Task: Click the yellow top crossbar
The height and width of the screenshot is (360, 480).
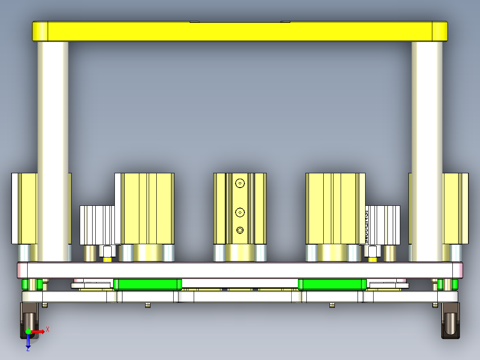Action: coord(240,31)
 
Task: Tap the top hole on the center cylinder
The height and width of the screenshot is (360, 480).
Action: coord(240,183)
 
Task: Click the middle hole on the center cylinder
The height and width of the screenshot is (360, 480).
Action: coord(240,213)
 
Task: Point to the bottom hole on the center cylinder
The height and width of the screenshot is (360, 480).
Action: coord(240,230)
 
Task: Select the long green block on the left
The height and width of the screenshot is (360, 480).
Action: coord(147,284)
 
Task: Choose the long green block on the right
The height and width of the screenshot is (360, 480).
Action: coord(332,284)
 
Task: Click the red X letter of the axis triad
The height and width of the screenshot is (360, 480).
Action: coord(48,329)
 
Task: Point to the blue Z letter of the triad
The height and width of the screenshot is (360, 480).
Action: coord(28,349)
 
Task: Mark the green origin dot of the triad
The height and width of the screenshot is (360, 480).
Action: coord(28,331)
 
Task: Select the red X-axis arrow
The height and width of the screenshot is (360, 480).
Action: coord(38,331)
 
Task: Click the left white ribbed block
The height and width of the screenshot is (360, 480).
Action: coord(98,225)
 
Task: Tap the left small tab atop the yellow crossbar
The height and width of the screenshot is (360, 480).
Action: coord(195,21)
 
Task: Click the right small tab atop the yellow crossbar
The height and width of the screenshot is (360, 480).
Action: coord(285,21)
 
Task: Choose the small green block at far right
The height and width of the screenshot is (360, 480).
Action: coord(448,284)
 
